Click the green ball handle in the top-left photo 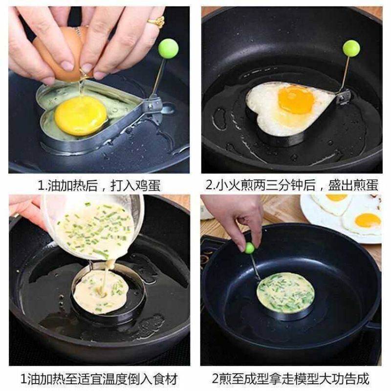click(x=168, y=48)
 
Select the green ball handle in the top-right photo click(x=351, y=48)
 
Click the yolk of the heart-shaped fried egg click(x=296, y=99)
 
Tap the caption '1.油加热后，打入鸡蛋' click(x=99, y=185)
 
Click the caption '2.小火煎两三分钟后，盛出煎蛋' click(x=292, y=185)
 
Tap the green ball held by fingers click(x=250, y=248)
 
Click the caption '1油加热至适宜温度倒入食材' click(x=99, y=379)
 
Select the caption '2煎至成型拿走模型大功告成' click(x=292, y=379)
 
